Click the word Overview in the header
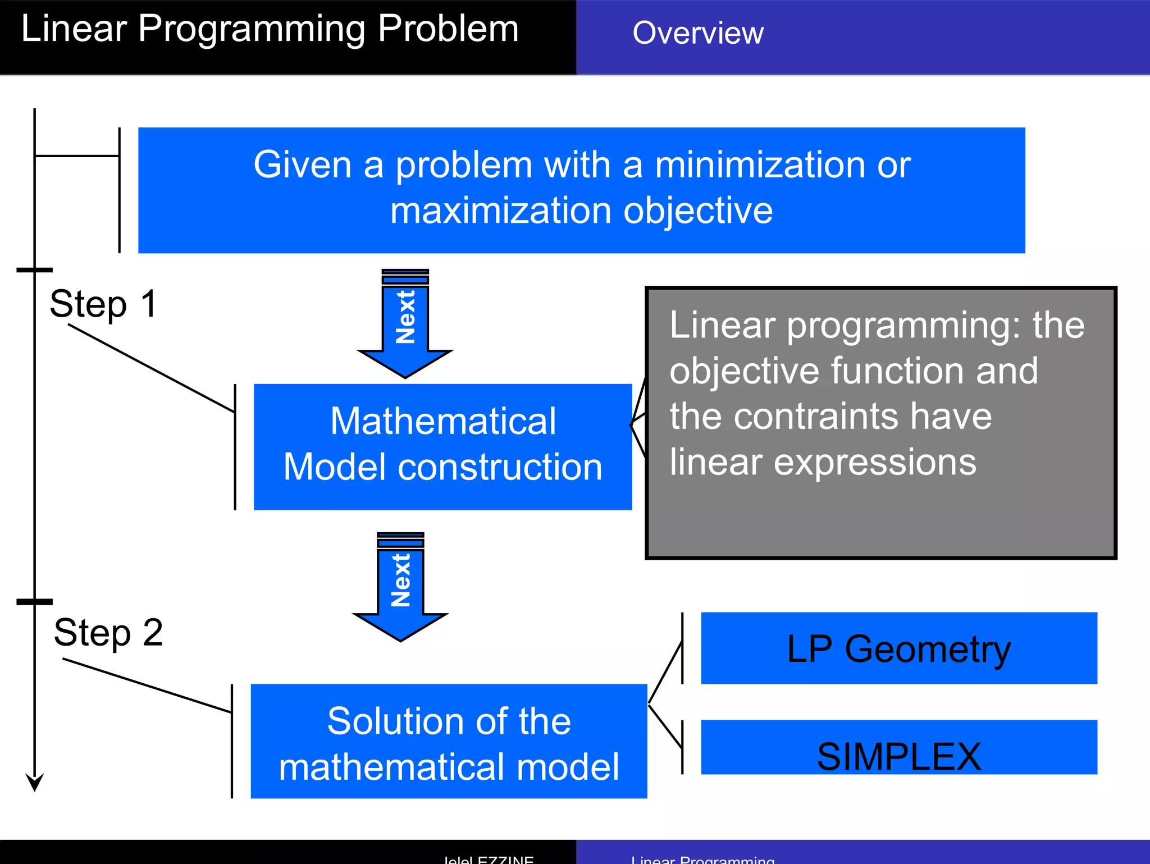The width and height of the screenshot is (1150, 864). [697, 33]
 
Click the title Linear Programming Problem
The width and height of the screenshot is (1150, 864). [270, 29]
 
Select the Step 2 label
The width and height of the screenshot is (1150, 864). [108, 632]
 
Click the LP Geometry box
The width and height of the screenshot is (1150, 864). [898, 648]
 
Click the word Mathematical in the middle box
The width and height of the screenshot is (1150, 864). [442, 421]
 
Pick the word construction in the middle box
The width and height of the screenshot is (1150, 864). [500, 467]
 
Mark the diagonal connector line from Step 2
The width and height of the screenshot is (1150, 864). [147, 685]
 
